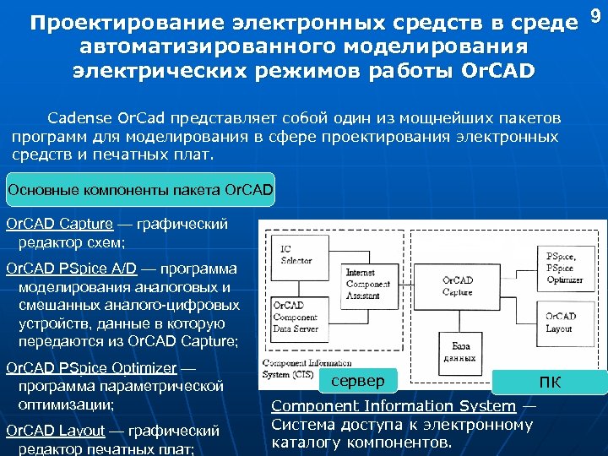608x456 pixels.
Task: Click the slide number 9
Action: (594, 15)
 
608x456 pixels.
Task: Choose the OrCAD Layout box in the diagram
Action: (564, 323)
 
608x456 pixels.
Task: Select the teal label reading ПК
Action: (550, 383)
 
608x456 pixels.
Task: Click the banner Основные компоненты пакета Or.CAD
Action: (140, 189)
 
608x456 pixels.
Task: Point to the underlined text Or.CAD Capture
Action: (59, 224)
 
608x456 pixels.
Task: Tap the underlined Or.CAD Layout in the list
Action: (58, 431)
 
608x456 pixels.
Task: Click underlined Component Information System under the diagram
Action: (393, 406)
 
